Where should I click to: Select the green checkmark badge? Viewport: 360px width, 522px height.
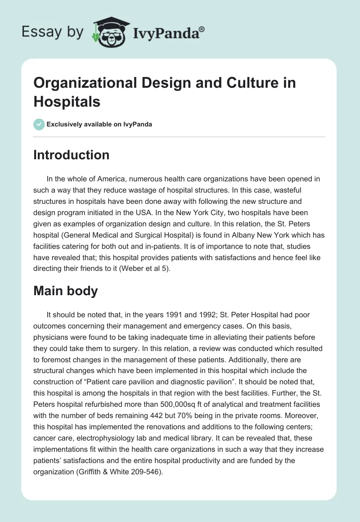point(39,124)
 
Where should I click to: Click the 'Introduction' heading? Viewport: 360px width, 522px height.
point(71,155)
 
